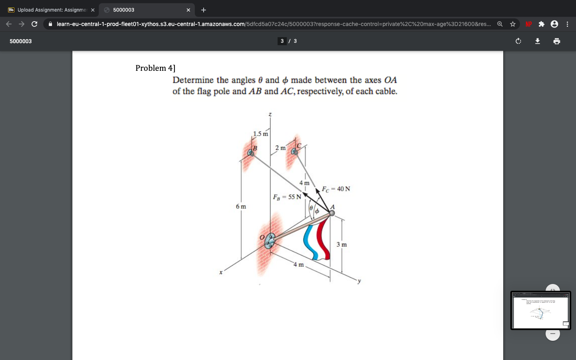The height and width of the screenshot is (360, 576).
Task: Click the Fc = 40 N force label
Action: pyautogui.click(x=336, y=189)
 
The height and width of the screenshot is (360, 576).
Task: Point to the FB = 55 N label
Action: pyautogui.click(x=287, y=197)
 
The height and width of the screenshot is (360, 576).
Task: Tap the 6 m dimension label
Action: pyautogui.click(x=241, y=206)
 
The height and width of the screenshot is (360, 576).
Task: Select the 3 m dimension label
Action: pyautogui.click(x=342, y=244)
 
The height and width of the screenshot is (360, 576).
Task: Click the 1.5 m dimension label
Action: pyautogui.click(x=260, y=134)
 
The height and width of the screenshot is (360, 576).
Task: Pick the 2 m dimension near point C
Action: pyautogui.click(x=280, y=148)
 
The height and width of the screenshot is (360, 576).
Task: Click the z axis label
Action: pyautogui.click(x=270, y=114)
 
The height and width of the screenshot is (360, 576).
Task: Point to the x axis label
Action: pyautogui.click(x=220, y=273)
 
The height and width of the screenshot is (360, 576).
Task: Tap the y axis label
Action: pyautogui.click(x=359, y=281)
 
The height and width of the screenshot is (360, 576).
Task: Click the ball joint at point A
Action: pyautogui.click(x=332, y=213)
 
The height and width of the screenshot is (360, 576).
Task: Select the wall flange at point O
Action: pyautogui.click(x=270, y=240)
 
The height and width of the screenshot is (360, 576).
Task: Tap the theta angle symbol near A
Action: pyautogui.click(x=311, y=208)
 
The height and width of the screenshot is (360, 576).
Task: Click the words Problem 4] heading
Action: pyautogui.click(x=155, y=68)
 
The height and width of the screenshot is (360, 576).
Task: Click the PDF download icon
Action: pyautogui.click(x=538, y=41)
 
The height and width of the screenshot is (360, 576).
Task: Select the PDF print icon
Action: pyautogui.click(x=557, y=41)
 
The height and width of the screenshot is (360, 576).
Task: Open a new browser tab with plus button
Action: pyautogui.click(x=204, y=10)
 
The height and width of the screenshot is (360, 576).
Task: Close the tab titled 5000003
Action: pyautogui.click(x=188, y=10)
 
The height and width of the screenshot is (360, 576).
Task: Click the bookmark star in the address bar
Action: pyautogui.click(x=513, y=24)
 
